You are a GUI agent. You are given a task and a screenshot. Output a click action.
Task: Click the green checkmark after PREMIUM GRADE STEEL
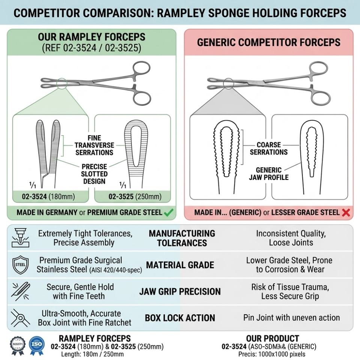168,212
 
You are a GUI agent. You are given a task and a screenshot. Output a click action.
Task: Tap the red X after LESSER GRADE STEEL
346,213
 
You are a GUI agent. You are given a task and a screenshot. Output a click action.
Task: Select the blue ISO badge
37,345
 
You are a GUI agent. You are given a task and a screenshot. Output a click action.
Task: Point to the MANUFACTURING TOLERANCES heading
182,238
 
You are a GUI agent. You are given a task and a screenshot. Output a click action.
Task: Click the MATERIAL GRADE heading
180,265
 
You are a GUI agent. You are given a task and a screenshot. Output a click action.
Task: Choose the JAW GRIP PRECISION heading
180,291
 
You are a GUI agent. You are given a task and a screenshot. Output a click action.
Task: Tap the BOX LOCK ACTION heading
180,318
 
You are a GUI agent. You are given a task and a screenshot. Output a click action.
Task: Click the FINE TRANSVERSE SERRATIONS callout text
94,145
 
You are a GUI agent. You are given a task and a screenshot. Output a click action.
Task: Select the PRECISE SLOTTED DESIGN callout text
94,174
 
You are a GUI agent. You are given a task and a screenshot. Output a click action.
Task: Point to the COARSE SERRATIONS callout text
268,148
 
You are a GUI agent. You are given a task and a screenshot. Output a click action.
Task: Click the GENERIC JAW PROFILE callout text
268,174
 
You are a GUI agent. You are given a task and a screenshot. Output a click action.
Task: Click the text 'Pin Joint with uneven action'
291,318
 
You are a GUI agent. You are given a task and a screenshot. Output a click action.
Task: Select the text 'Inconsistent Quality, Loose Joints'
291,238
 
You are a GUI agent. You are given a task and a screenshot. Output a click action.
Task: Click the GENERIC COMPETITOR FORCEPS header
268,42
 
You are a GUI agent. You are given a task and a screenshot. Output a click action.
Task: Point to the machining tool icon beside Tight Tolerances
18,237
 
